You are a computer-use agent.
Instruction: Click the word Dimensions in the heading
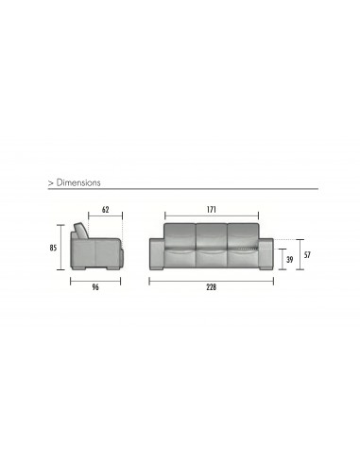coord(78,182)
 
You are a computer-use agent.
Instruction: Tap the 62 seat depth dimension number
coord(106,210)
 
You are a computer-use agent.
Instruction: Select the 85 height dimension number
coord(53,248)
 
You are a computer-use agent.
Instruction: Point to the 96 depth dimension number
coord(95,287)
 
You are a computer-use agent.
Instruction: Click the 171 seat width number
coord(212,210)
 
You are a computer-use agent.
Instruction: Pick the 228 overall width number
coord(212,287)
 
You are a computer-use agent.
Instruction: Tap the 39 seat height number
coord(289,260)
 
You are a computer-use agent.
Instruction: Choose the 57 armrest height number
coord(307,255)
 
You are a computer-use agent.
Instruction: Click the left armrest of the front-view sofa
coord(157,254)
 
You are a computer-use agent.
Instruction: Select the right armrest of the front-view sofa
coord(266,254)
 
